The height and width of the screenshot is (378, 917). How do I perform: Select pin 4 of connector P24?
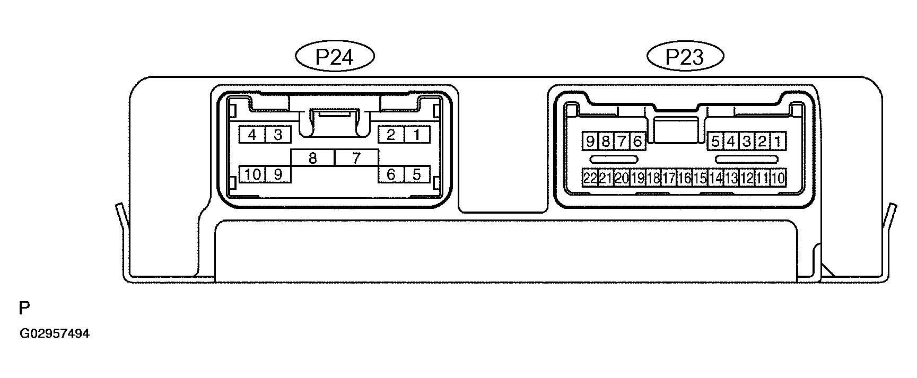click(x=252, y=135)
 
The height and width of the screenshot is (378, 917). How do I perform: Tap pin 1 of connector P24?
click(x=417, y=135)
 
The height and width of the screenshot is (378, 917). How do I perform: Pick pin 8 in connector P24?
click(x=313, y=158)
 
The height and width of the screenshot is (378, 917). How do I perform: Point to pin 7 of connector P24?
click(x=356, y=158)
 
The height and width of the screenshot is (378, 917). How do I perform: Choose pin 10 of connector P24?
click(x=252, y=174)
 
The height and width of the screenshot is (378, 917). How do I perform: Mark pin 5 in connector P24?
click(x=417, y=174)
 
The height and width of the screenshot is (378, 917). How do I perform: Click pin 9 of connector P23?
click(x=590, y=142)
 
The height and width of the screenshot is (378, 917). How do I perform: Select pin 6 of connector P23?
click(x=637, y=142)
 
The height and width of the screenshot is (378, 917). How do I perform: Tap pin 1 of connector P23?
click(x=778, y=142)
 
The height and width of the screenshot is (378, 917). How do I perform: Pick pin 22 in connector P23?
click(x=590, y=178)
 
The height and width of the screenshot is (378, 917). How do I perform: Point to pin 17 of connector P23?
click(x=668, y=178)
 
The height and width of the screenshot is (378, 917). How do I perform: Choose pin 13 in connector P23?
click(x=731, y=178)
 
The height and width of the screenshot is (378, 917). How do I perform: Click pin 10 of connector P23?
click(x=778, y=178)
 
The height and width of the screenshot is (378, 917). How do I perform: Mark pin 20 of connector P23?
click(x=622, y=178)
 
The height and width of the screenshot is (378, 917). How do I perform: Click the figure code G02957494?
click(x=55, y=334)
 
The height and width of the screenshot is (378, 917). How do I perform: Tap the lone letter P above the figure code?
click(x=24, y=308)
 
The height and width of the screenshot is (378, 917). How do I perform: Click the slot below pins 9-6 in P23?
click(x=615, y=160)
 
